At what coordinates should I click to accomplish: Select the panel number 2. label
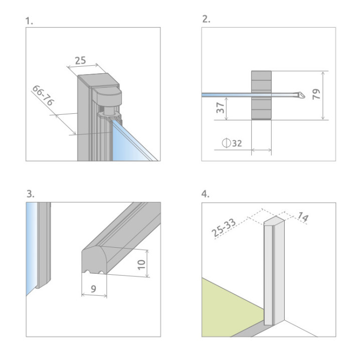tap(205, 20)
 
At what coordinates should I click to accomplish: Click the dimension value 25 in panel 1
tap(80, 61)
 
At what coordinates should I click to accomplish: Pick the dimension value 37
tap(220, 108)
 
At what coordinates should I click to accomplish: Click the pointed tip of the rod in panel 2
tap(302, 94)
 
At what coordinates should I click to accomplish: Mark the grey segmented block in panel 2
tap(261, 95)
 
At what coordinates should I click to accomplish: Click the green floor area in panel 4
tap(226, 301)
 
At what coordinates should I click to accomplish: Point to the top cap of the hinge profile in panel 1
tap(98, 80)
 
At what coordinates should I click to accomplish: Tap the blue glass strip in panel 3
tap(31, 246)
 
